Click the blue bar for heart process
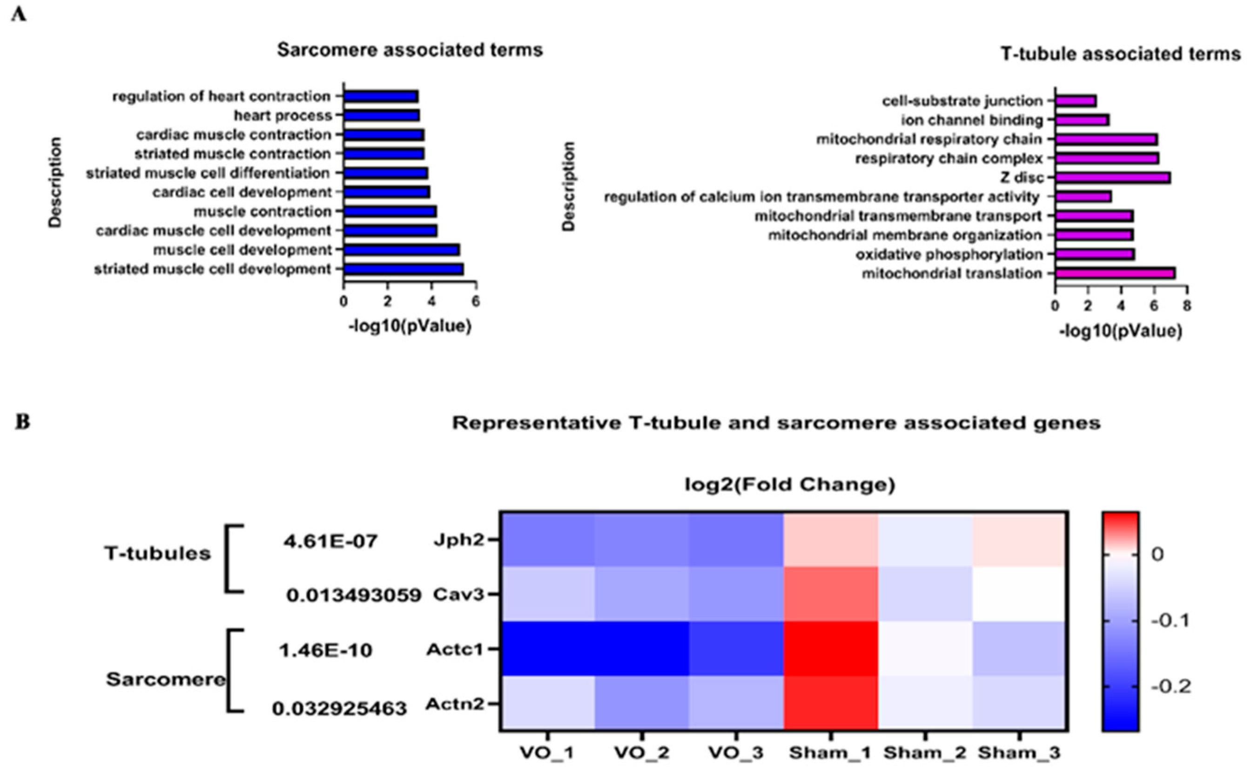[381, 115]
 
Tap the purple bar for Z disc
[1113, 178]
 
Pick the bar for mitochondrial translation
[1115, 273]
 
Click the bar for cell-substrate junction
[1076, 101]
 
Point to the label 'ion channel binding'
[972, 120]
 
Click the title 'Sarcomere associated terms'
[410, 50]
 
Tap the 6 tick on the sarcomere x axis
[476, 301]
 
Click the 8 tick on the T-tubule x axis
[1187, 305]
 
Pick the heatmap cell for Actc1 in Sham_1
[830, 648]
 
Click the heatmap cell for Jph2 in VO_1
[547, 539]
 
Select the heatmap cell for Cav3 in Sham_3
[1020, 594]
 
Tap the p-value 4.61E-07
[330, 542]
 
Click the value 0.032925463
[339, 709]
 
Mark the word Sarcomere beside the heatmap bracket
[166, 679]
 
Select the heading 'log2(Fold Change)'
[789, 484]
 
